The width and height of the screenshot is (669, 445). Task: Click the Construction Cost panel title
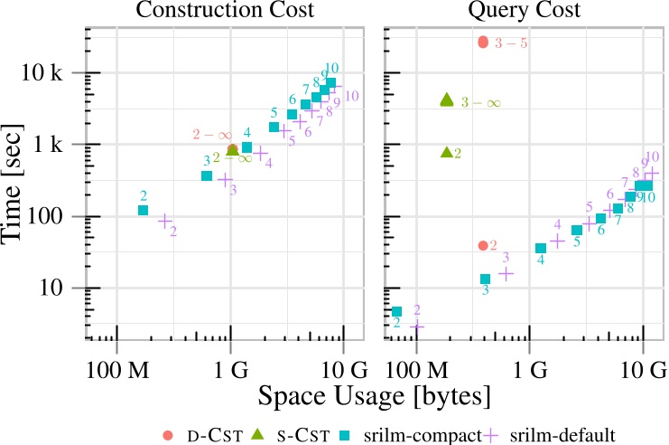pos(226,13)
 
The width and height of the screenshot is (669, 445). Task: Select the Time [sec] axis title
pos(20,181)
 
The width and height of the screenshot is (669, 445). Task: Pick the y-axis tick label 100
pos(61,216)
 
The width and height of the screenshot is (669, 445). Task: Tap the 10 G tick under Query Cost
pos(642,372)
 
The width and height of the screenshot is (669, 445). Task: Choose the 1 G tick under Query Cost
pos(529,372)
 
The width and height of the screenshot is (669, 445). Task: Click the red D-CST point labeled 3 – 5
pos(483,42)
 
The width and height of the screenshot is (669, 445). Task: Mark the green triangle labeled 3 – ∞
pos(446,99)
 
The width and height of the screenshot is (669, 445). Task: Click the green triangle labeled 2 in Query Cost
pos(446,152)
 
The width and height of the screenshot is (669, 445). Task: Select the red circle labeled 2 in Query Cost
pos(483,245)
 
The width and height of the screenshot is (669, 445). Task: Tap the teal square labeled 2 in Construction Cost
pos(143,211)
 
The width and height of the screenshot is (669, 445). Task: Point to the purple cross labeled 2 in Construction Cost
pos(165,220)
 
